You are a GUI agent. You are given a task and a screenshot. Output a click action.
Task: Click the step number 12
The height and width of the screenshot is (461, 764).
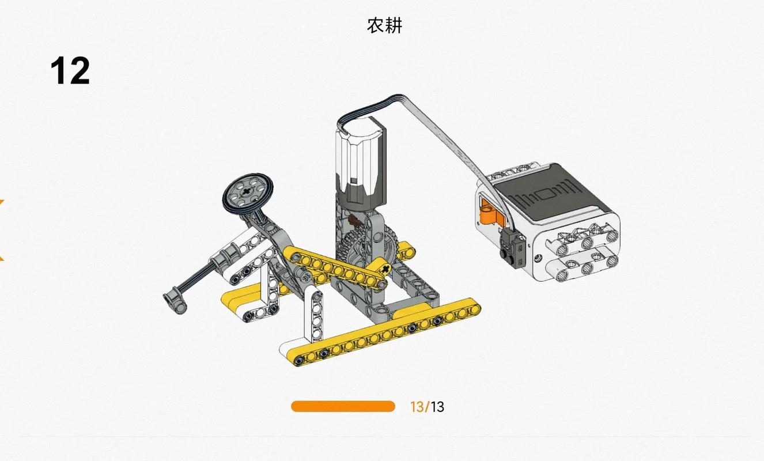(x=70, y=71)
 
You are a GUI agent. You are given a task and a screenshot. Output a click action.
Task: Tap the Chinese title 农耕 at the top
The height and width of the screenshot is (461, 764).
(x=384, y=25)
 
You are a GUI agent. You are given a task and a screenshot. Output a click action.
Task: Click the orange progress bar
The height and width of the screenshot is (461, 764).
(x=343, y=407)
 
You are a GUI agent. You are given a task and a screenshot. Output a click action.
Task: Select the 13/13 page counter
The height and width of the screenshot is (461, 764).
(x=427, y=407)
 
